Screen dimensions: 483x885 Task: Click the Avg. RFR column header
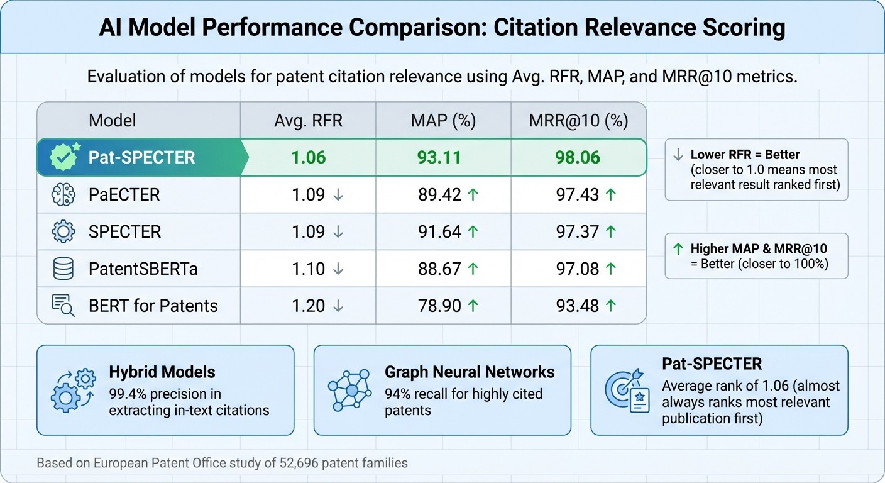click(x=308, y=120)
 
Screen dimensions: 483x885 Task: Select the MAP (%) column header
click(x=443, y=120)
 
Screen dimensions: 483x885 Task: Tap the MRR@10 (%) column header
click(x=578, y=120)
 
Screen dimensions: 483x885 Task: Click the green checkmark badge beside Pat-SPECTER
click(x=63, y=157)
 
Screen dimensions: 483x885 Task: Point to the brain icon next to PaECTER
click(x=63, y=195)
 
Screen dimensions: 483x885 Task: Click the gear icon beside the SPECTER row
click(x=63, y=232)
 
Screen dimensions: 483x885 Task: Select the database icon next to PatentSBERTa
click(x=63, y=269)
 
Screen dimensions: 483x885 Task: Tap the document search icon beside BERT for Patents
click(x=63, y=306)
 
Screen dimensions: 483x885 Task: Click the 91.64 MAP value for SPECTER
click(x=439, y=232)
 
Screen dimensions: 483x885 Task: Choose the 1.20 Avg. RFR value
click(x=308, y=306)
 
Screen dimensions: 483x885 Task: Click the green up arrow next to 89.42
click(x=473, y=195)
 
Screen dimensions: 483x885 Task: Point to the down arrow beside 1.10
click(x=338, y=269)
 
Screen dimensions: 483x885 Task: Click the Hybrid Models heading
click(x=162, y=372)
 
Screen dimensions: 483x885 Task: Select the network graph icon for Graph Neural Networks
click(x=350, y=391)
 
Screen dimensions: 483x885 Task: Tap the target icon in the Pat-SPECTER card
click(x=626, y=391)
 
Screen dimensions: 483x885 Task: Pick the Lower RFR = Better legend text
click(x=744, y=155)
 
